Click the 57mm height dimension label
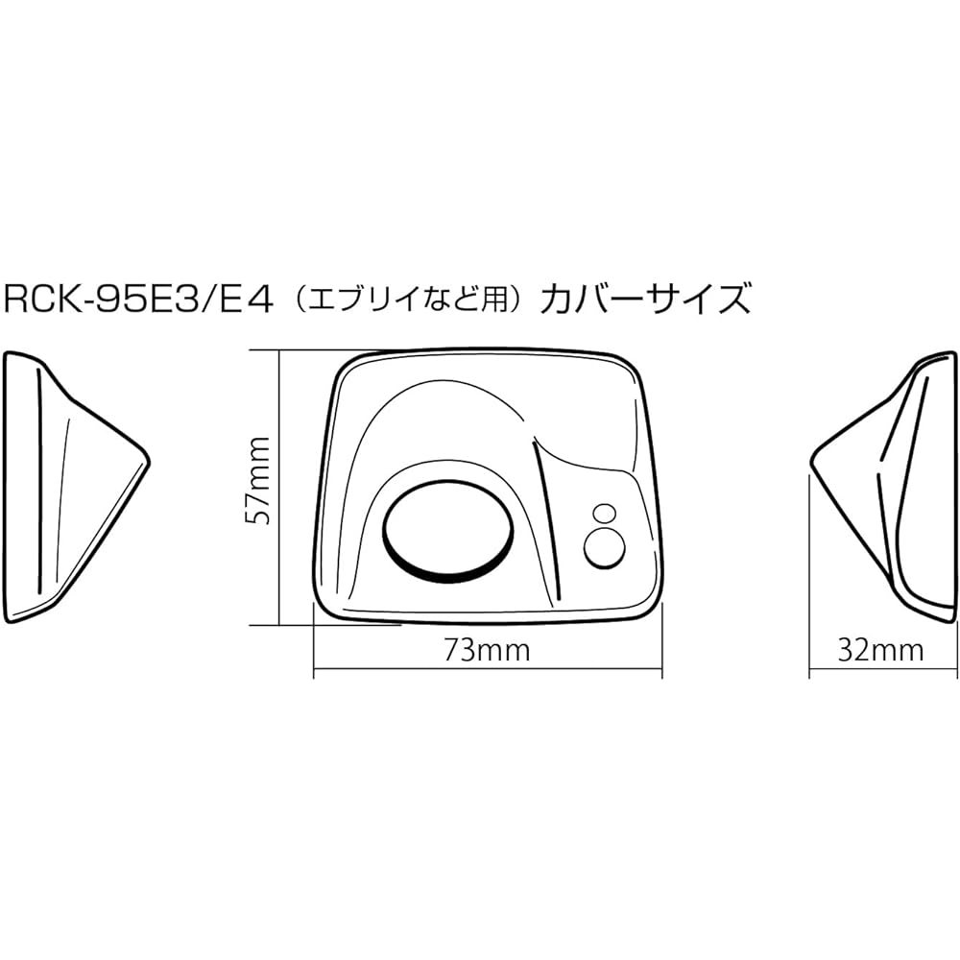[x=257, y=480]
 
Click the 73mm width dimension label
[x=488, y=650]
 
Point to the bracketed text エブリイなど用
[x=406, y=300]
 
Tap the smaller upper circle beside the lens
[x=604, y=513]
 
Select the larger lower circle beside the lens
[x=604, y=546]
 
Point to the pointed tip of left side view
[x=150, y=461]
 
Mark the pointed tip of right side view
[x=811, y=461]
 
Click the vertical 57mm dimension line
[x=279, y=488]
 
